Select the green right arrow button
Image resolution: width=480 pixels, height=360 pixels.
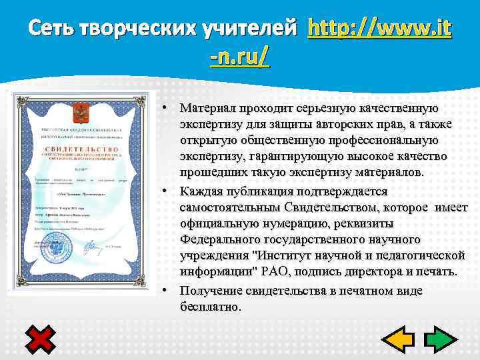[x=440, y=339]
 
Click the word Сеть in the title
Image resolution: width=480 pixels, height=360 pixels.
[x=52, y=29]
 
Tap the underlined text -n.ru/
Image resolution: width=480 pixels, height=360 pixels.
[x=239, y=58]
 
